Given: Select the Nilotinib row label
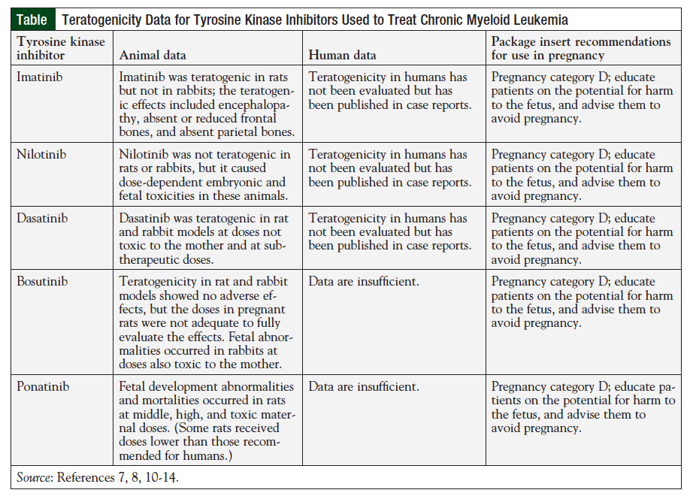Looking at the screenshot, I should point(41,155).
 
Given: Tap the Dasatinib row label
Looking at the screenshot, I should point(42,219).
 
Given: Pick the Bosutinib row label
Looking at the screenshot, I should point(42,282).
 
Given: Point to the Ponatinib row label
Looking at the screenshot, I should point(43,387).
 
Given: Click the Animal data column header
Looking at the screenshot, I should point(153,55).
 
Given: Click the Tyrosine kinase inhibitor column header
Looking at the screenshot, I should point(61,48).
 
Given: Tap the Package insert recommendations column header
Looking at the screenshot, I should point(580,48).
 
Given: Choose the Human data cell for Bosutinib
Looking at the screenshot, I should point(364,282).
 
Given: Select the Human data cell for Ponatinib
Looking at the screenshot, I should point(364,387).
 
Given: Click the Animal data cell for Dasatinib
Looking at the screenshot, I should point(202,239).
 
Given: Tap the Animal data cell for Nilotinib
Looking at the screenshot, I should point(202,175).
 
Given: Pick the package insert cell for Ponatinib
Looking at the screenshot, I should point(583,407).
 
